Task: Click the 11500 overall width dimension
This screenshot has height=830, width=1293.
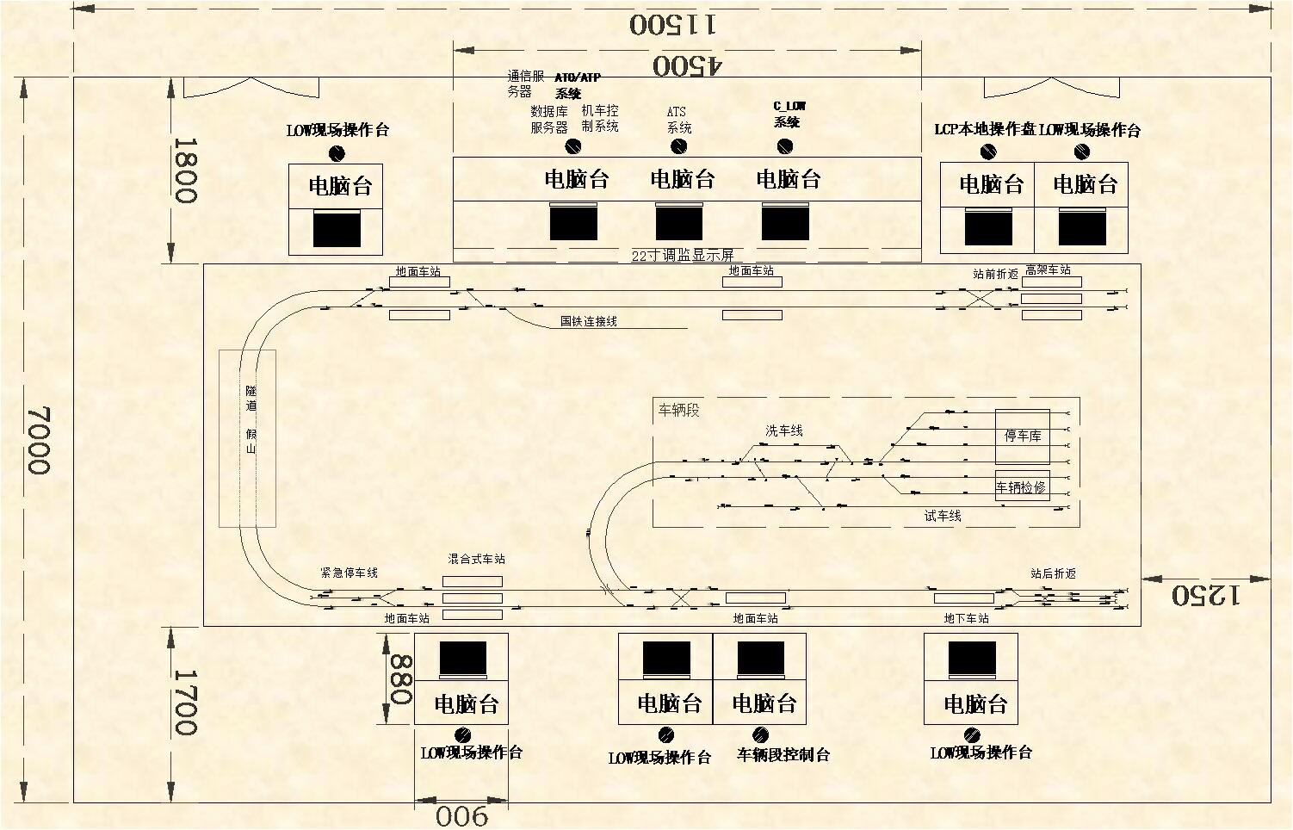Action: (671, 23)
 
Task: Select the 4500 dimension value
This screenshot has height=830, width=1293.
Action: (688, 65)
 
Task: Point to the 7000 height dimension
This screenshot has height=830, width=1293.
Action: (39, 440)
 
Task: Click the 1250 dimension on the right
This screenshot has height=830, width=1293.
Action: (1204, 594)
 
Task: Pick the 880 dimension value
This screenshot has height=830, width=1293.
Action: (401, 679)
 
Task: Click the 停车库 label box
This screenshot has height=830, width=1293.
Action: (1023, 436)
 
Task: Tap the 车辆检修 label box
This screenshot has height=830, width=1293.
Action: (1021, 487)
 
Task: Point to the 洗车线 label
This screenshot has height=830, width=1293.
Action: (784, 430)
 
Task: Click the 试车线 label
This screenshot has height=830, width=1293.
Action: (943, 516)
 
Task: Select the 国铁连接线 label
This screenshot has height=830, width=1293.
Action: (589, 321)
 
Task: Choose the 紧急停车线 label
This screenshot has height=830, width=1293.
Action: (349, 573)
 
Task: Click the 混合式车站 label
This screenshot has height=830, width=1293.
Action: (476, 559)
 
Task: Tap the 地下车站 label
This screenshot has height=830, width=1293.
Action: (966, 618)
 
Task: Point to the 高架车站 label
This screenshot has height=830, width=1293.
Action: (1048, 269)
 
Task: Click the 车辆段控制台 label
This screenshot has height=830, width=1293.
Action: (783, 755)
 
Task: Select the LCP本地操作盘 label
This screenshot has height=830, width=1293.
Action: (986, 130)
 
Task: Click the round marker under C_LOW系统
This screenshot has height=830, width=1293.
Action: (784, 146)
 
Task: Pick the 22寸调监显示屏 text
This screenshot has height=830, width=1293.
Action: (683, 256)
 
